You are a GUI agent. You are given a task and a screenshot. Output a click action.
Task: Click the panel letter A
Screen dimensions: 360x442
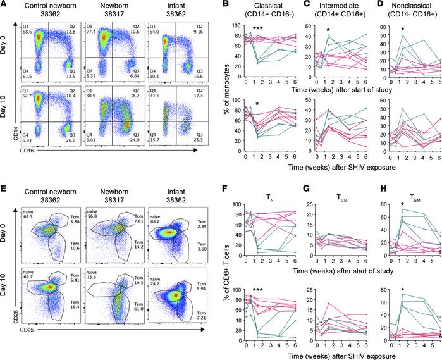pyautogui.click(x=4, y=4)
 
